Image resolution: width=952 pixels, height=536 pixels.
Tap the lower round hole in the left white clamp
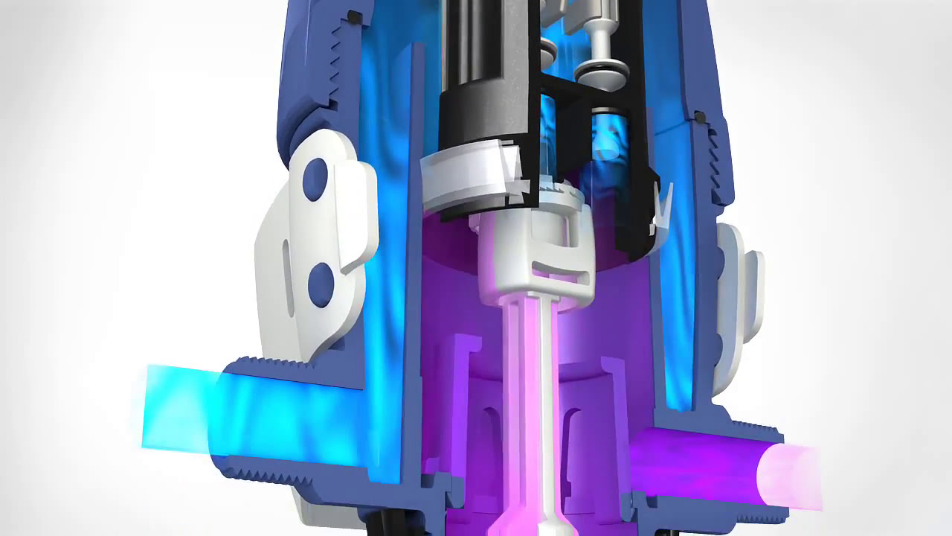coord(321,284)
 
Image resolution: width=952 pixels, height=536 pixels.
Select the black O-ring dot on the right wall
coord(699,117)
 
